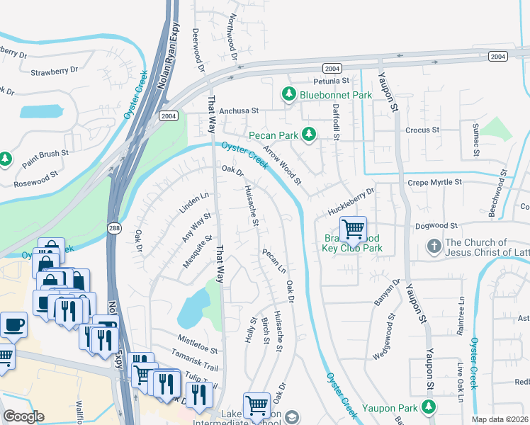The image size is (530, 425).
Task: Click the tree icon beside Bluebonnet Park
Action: tap(288, 93)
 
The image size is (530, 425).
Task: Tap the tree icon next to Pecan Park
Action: tap(308, 134)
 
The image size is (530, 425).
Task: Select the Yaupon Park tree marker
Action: tap(427, 407)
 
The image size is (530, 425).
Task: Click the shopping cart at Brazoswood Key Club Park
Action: tap(352, 229)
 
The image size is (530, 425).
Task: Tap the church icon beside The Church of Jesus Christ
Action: tap(434, 246)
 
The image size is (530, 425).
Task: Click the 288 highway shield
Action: tap(114, 227)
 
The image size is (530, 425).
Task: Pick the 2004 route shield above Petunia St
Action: tap(331, 68)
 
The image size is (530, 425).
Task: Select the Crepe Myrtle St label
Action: tap(434, 183)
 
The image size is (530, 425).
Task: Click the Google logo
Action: tap(23, 416)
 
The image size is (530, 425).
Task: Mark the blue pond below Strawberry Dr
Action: tap(40, 111)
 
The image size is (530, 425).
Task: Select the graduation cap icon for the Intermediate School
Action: tap(292, 416)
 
